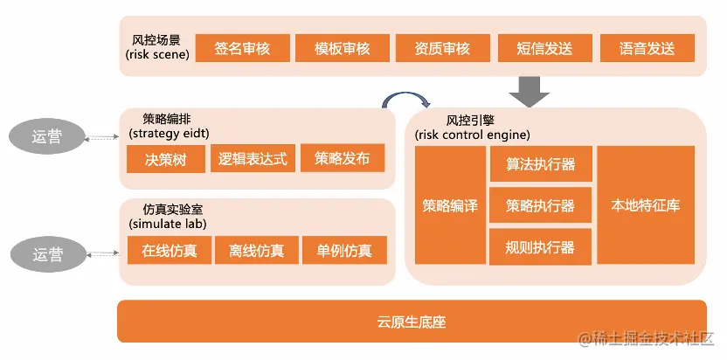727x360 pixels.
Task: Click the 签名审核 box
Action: pyautogui.click(x=241, y=49)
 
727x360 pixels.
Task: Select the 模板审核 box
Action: pyautogui.click(x=343, y=49)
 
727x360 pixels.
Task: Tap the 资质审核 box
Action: pyautogui.click(x=442, y=49)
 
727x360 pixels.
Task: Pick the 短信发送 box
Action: pyautogui.click(x=544, y=49)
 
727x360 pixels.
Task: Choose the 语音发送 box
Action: pyautogui.click(x=646, y=49)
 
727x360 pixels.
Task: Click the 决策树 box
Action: pyautogui.click(x=165, y=159)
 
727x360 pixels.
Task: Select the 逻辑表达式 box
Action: pyautogui.click(x=253, y=159)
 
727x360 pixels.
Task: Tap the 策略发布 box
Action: pyautogui.click(x=343, y=159)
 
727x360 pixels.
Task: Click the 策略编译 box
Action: pyautogui.click(x=450, y=205)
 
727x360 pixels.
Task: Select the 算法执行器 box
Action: pyautogui.click(x=540, y=164)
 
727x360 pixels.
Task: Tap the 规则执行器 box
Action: pyautogui.click(x=540, y=247)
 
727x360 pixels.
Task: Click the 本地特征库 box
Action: pyautogui.click(x=646, y=205)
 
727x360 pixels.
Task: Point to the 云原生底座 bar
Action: pyautogui.click(x=412, y=322)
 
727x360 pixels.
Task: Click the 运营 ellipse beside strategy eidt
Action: pyautogui.click(x=47, y=136)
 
